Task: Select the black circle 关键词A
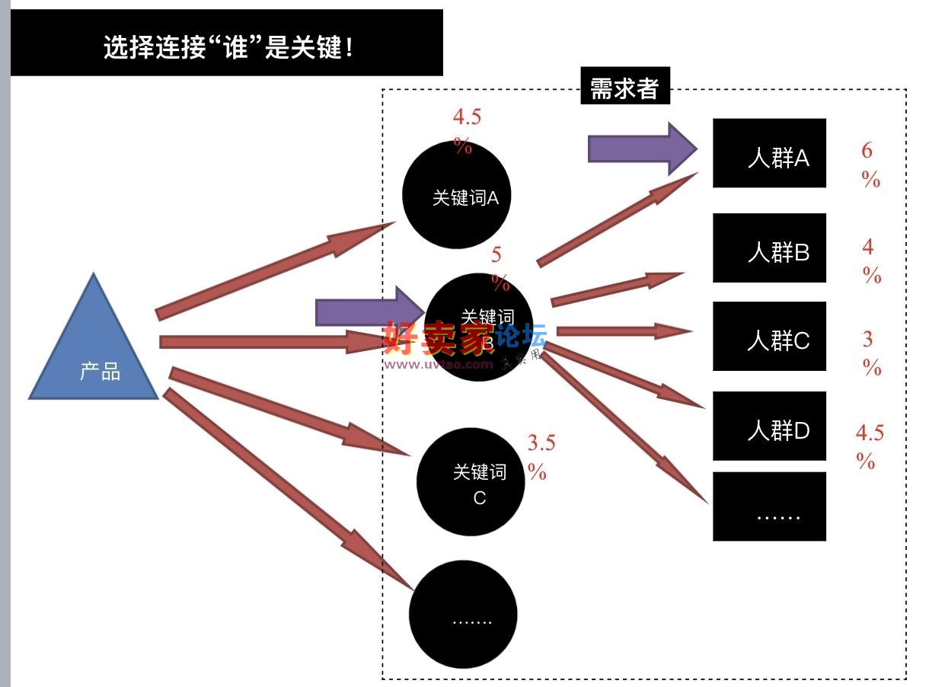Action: pyautogui.click(x=455, y=195)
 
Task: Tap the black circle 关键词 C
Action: pyautogui.click(x=471, y=481)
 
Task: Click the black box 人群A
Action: pyautogui.click(x=769, y=153)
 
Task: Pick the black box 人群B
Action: pyautogui.click(x=769, y=248)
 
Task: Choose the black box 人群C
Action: pyautogui.click(x=769, y=336)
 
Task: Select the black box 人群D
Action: pyautogui.click(x=769, y=426)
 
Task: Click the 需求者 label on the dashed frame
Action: pyautogui.click(x=624, y=88)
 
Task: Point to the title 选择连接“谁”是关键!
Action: pyautogui.click(x=227, y=48)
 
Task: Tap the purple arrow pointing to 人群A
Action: pyautogui.click(x=641, y=148)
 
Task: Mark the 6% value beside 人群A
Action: pyautogui.click(x=870, y=165)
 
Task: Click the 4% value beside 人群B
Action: pyautogui.click(x=871, y=260)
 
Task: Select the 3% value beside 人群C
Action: pyautogui.click(x=871, y=353)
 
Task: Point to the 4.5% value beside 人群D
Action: pyautogui.click(x=869, y=446)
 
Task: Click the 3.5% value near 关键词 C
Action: pyautogui.click(x=540, y=456)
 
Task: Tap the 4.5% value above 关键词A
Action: pyautogui.click(x=466, y=130)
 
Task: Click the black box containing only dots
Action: pyautogui.click(x=769, y=506)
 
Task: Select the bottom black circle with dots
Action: pyautogui.click(x=463, y=614)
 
